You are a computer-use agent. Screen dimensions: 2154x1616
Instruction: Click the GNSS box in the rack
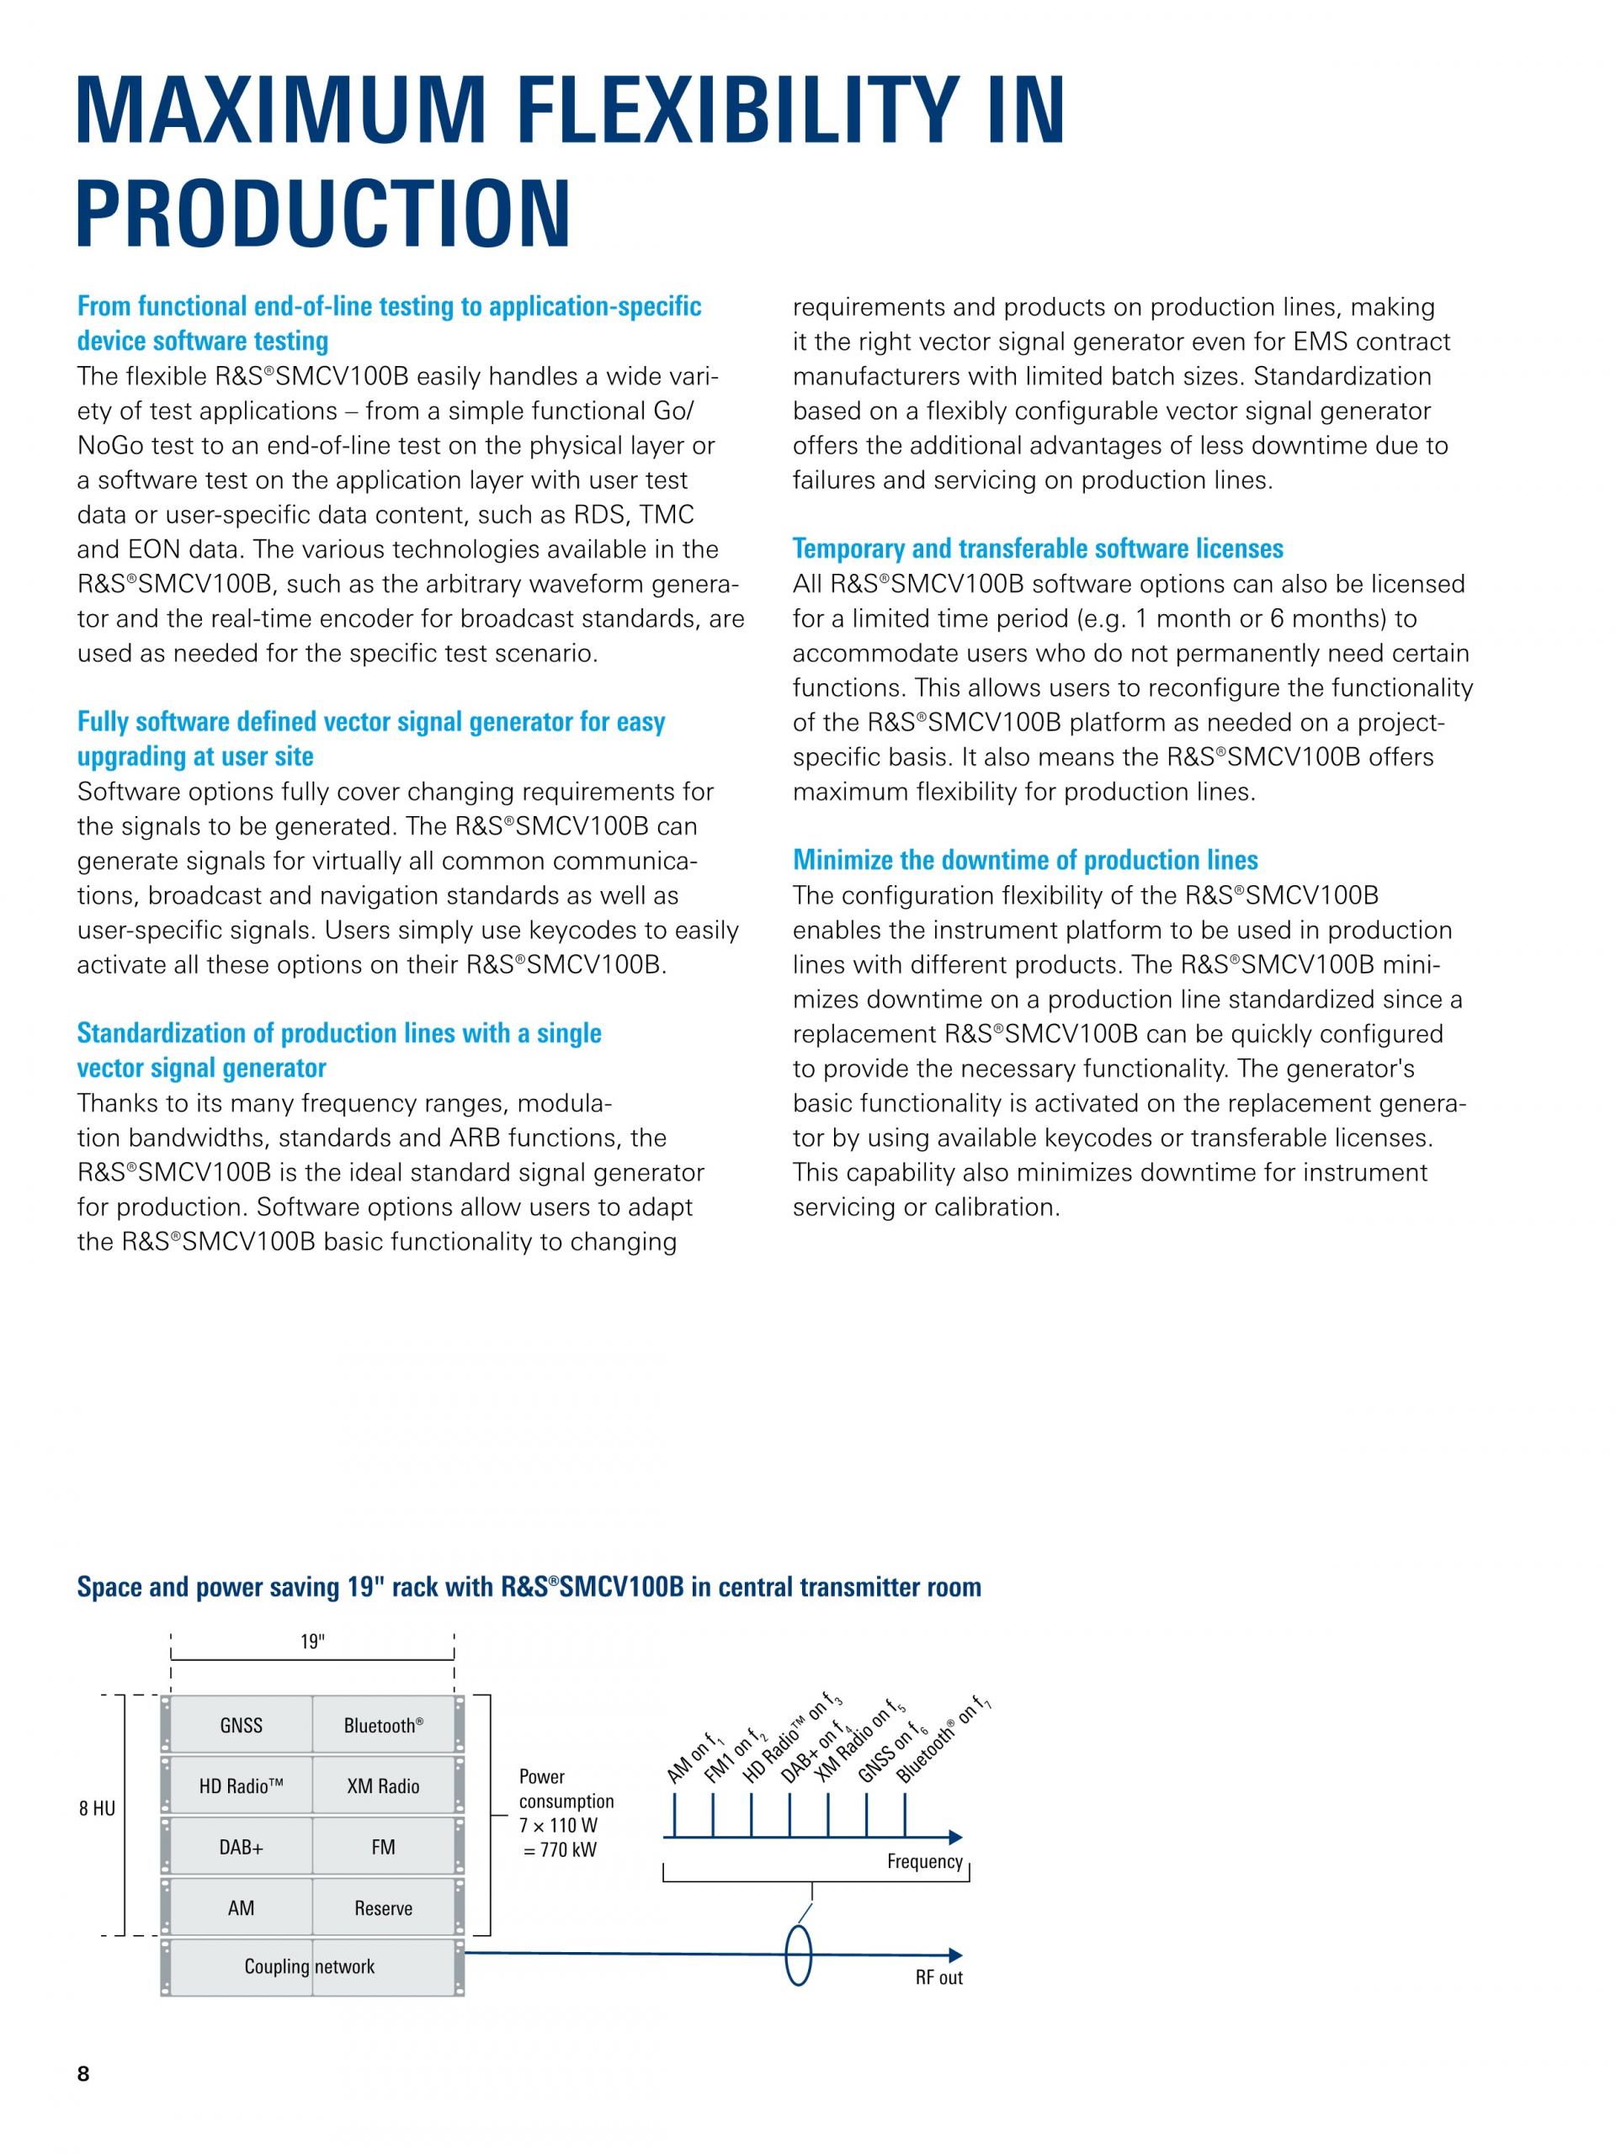tap(241, 1726)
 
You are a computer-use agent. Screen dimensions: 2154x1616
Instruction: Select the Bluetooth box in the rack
tap(383, 1726)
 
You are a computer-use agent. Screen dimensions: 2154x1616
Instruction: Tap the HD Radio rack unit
tap(241, 1786)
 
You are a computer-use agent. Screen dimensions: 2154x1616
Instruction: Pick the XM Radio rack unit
tap(383, 1786)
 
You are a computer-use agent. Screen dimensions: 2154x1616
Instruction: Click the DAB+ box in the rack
tap(241, 1846)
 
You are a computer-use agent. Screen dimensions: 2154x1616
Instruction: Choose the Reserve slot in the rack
tap(383, 1907)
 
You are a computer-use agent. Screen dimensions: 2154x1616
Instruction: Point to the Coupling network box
tap(310, 1966)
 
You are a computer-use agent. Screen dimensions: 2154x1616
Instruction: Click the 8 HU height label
tap(97, 1809)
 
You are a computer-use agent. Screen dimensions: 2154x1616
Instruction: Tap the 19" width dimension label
tap(311, 1642)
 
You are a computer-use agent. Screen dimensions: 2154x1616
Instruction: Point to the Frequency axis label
tap(924, 1862)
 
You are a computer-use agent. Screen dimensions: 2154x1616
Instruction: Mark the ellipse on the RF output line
tap(799, 1955)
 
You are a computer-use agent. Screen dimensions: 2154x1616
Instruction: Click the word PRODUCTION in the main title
tap(323, 212)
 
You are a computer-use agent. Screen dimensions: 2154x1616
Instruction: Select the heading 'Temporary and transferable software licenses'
tap(1038, 549)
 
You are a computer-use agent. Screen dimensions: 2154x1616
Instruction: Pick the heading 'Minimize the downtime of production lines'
tap(1025, 860)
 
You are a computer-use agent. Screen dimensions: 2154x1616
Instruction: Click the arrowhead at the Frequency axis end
tap(955, 1837)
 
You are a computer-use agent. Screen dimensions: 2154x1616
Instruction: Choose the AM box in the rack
tap(241, 1907)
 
